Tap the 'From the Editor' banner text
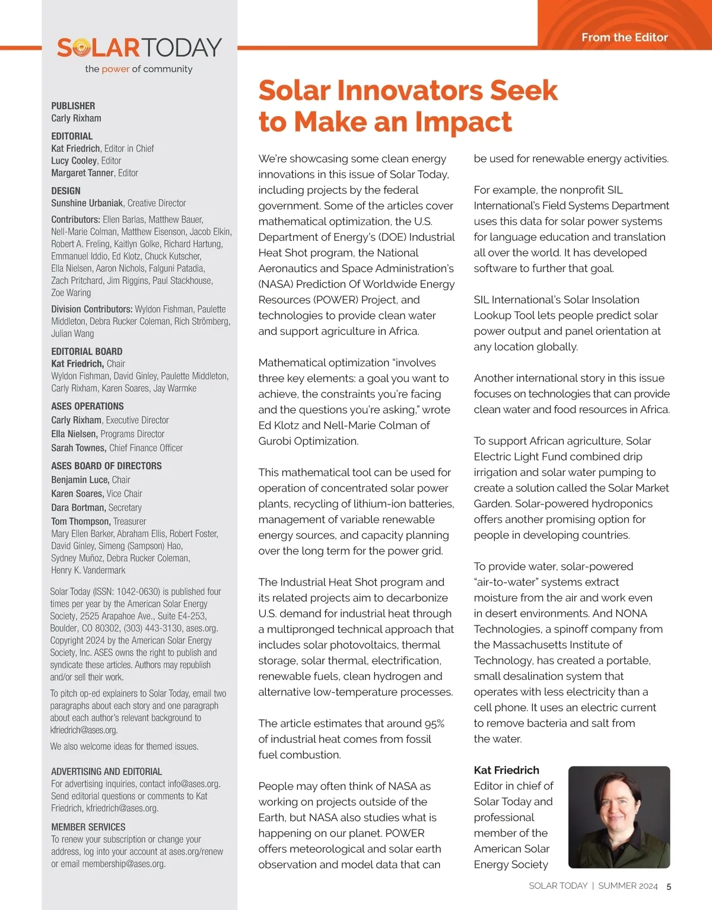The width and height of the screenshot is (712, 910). click(624, 37)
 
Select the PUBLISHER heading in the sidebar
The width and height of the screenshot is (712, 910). click(73, 106)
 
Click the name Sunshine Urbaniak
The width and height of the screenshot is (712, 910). click(87, 203)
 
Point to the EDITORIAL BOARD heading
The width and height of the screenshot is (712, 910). click(87, 352)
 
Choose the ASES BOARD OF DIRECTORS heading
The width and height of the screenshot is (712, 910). click(106, 466)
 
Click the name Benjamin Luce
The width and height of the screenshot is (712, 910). click(80, 480)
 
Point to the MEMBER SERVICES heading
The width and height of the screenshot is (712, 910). click(88, 827)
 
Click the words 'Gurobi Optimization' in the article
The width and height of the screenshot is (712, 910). click(308, 441)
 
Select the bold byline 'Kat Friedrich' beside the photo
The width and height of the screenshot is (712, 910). click(506, 770)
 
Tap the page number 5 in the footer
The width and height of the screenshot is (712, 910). click(669, 886)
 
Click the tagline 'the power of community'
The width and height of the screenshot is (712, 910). click(139, 69)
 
